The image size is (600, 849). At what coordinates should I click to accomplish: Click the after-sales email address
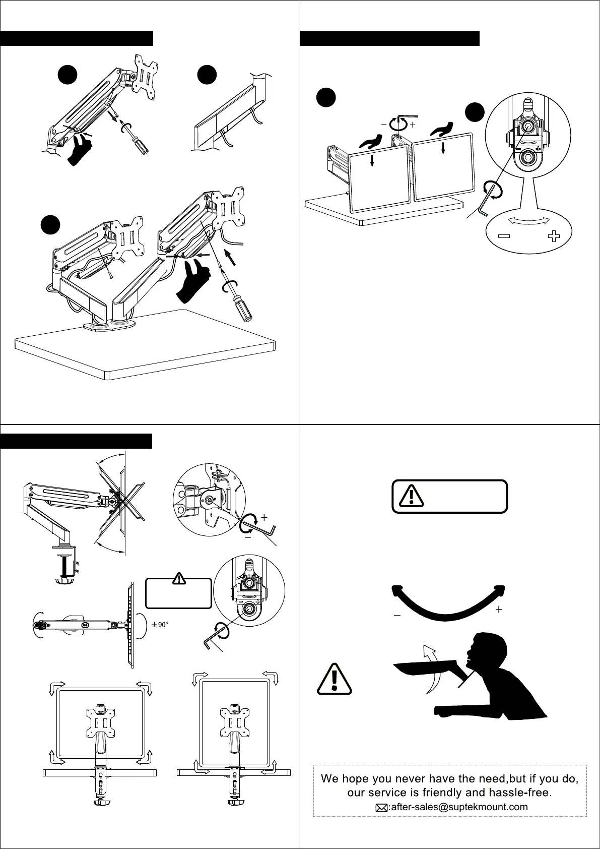tap(459, 807)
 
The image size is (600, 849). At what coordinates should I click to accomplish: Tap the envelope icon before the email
tap(382, 808)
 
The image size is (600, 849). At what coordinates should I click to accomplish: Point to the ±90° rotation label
tap(160, 624)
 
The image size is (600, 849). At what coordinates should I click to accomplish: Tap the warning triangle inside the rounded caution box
tap(412, 496)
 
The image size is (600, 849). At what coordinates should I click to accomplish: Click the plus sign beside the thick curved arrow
tap(499, 610)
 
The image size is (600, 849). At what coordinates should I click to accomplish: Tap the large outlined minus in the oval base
tap(505, 236)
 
